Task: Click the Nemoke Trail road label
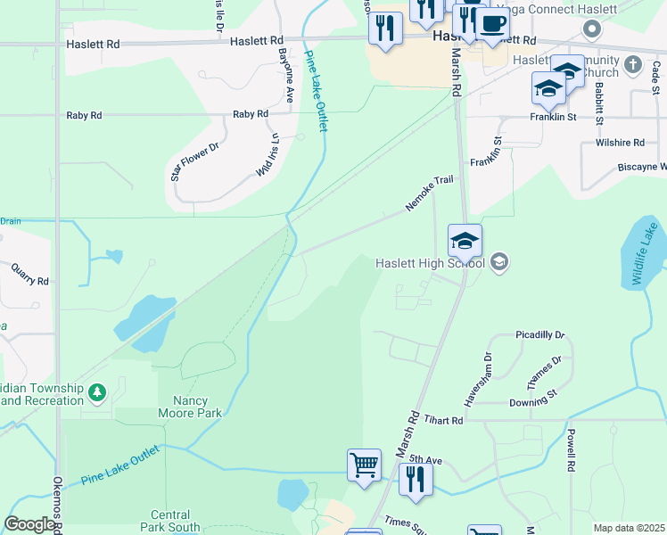click(430, 193)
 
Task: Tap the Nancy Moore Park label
click(189, 406)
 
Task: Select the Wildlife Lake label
click(648, 254)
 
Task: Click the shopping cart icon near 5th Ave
click(364, 465)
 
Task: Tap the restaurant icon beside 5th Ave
click(416, 478)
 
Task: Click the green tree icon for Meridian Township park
click(97, 391)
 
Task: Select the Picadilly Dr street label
click(540, 335)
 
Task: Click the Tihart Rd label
click(443, 420)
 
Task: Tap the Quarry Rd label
click(30, 274)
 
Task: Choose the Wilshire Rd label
click(621, 143)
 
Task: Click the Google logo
click(29, 524)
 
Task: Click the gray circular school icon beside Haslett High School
click(499, 261)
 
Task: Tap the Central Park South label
click(169, 522)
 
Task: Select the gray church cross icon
click(633, 64)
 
